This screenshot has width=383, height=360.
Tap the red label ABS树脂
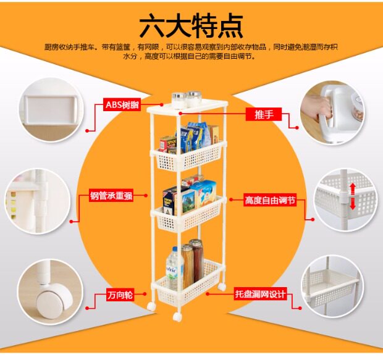point(122,104)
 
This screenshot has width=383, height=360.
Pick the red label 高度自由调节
point(270,200)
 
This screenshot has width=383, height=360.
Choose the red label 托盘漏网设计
point(260,295)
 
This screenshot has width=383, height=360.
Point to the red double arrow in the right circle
point(353,196)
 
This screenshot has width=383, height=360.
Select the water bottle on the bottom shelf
point(172,266)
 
